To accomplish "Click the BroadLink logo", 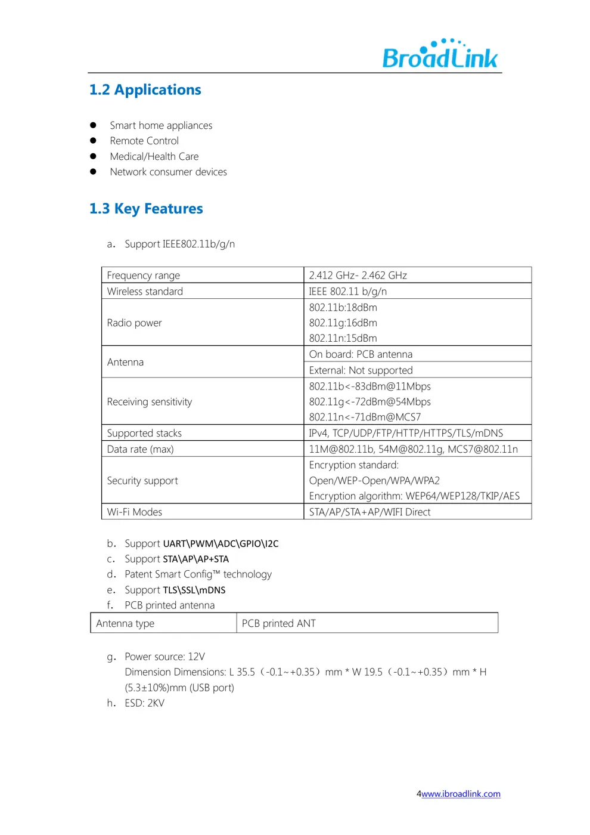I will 440,55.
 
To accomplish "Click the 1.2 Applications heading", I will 145,90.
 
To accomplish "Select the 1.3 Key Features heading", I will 146,209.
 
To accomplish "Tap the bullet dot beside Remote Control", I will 93,141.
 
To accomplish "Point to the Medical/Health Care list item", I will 154,156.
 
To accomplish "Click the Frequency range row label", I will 143,276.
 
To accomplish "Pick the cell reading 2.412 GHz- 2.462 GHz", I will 358,276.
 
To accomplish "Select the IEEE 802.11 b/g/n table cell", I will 347,292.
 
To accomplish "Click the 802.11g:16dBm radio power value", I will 343,323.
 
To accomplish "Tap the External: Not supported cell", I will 361,370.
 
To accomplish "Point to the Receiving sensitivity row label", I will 150,402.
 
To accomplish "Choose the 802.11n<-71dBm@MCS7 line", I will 365,417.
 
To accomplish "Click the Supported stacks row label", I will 144,433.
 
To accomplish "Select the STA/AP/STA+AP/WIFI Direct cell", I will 369,512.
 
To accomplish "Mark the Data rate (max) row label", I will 140,449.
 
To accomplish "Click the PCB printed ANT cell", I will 278,623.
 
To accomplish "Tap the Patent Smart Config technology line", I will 198,574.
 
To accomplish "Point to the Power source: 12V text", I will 164,657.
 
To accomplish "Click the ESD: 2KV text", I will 144,703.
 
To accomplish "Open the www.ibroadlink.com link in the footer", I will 461,794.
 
